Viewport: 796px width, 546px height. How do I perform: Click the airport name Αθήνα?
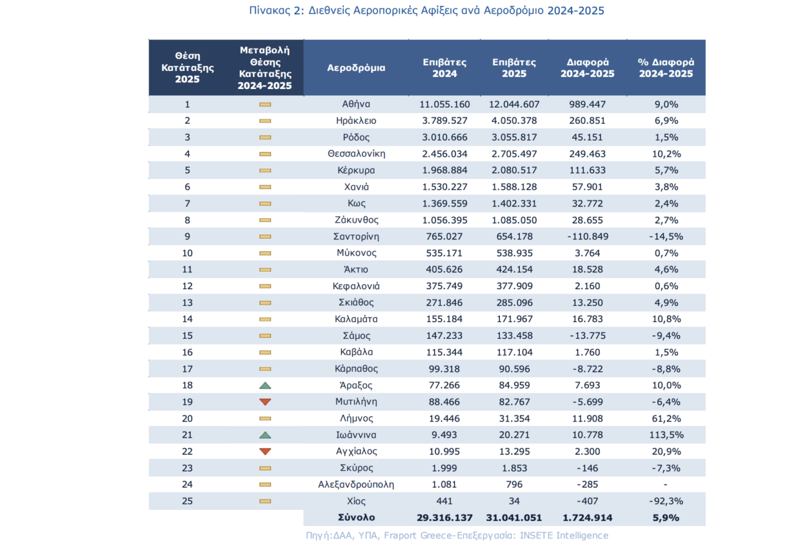pyautogui.click(x=356, y=104)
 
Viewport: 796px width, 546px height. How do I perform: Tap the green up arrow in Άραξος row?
pyautogui.click(x=265, y=386)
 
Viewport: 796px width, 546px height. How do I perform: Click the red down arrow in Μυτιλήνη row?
pyautogui.click(x=265, y=402)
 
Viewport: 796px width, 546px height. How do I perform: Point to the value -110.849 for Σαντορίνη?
pyautogui.click(x=587, y=236)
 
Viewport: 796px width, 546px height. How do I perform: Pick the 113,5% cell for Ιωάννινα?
pyautogui.click(x=665, y=435)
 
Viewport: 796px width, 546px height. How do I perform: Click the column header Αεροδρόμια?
pyautogui.click(x=356, y=68)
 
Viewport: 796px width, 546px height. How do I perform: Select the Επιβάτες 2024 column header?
pyautogui.click(x=445, y=68)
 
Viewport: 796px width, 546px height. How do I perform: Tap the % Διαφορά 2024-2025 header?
pyautogui.click(x=665, y=68)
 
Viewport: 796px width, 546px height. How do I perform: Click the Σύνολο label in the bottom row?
pyautogui.click(x=356, y=517)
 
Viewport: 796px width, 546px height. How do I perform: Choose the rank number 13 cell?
pyautogui.click(x=187, y=302)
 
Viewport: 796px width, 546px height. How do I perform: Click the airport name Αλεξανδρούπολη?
pyautogui.click(x=356, y=484)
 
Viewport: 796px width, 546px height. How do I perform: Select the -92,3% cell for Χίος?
pyautogui.click(x=665, y=501)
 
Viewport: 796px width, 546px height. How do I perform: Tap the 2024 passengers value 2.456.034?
pyautogui.click(x=445, y=154)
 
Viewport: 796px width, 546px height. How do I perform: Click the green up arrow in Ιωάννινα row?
pyautogui.click(x=265, y=435)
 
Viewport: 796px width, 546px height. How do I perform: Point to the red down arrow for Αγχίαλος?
pyautogui.click(x=265, y=451)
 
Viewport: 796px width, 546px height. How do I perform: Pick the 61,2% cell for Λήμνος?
pyautogui.click(x=665, y=419)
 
